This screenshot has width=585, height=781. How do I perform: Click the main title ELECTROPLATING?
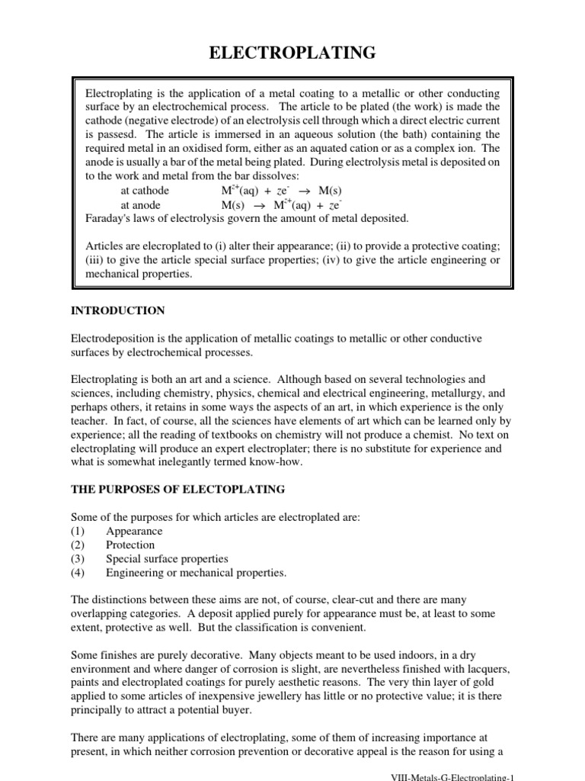pos(292,53)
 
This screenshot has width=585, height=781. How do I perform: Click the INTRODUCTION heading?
pos(117,310)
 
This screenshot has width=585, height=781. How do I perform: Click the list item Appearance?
pos(134,531)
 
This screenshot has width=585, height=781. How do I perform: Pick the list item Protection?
pos(130,545)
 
